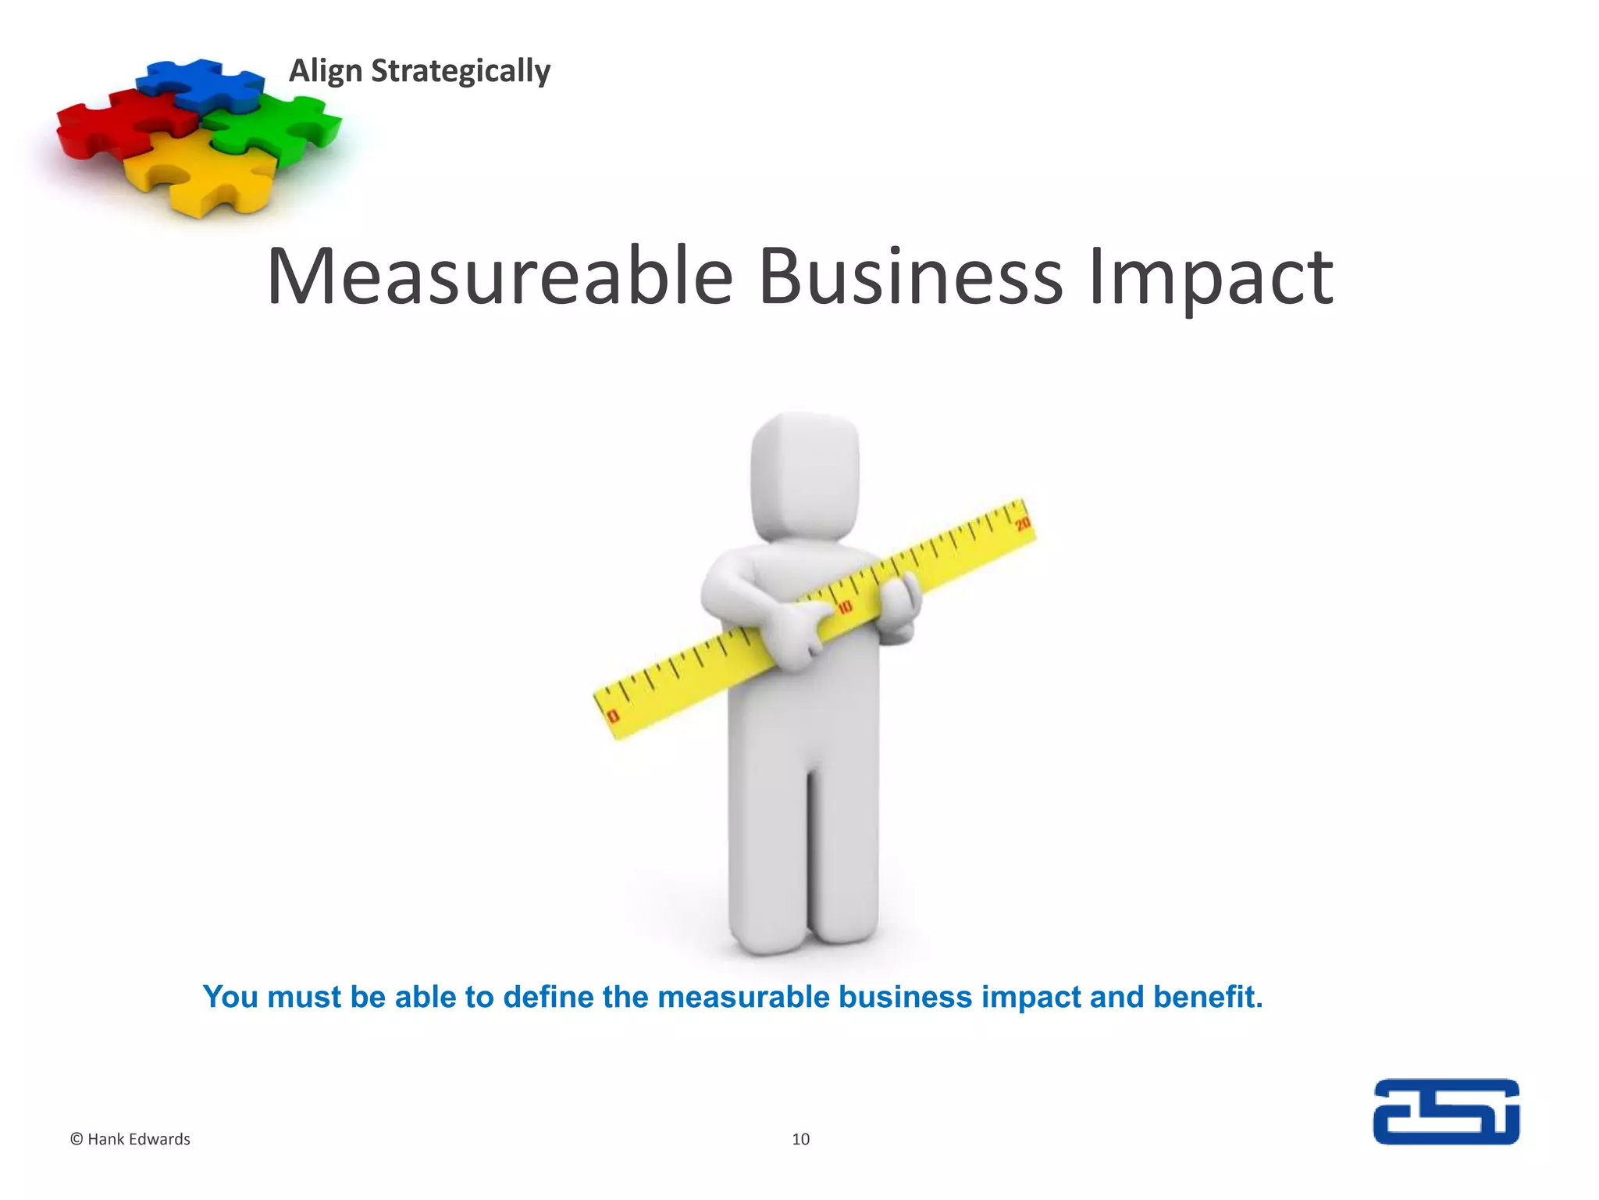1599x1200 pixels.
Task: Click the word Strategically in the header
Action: click(x=460, y=71)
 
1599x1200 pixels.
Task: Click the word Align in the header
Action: click(x=326, y=71)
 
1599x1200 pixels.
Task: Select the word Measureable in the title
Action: click(x=500, y=277)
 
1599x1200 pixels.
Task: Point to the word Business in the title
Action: click(x=910, y=277)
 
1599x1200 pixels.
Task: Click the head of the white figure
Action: click(x=805, y=477)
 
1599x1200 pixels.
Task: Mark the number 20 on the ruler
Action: click(x=1022, y=524)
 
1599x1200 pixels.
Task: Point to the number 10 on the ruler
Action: click(x=846, y=607)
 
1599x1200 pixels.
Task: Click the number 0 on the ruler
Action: click(x=613, y=716)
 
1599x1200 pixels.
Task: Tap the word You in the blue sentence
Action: click(x=230, y=997)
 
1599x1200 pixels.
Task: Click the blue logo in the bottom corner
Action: click(x=1446, y=1112)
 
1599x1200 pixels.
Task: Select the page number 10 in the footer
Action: click(x=800, y=1139)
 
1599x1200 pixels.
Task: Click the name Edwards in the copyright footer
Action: click(x=162, y=1139)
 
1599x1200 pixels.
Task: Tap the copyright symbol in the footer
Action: click(x=77, y=1139)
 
